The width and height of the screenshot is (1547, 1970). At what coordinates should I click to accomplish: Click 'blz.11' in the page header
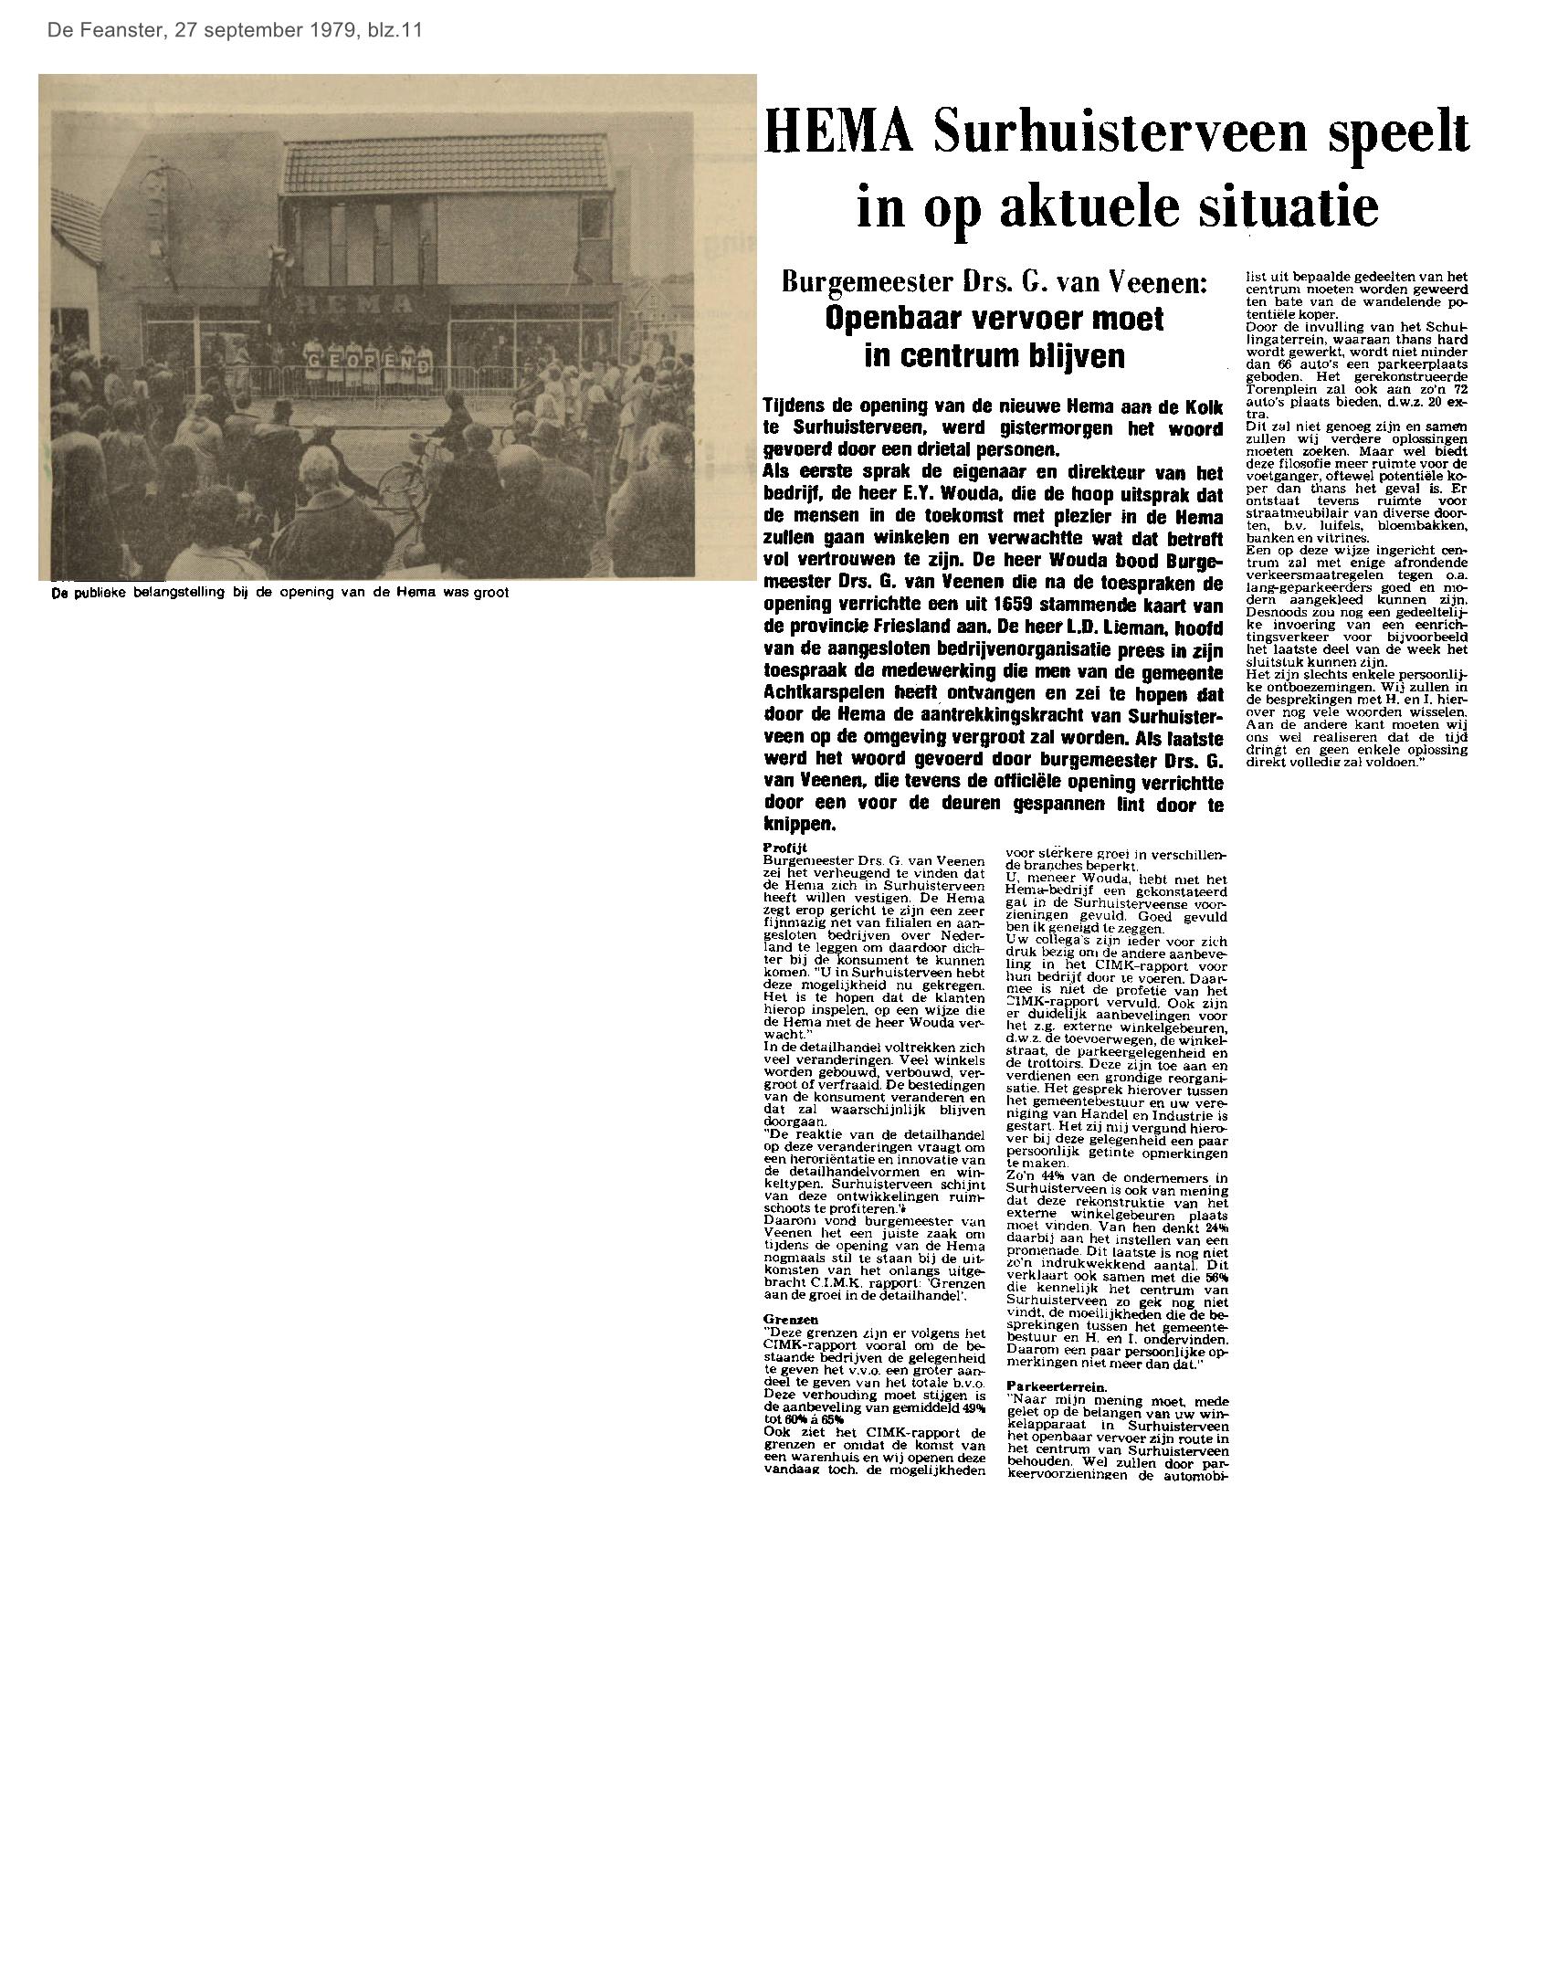[392, 30]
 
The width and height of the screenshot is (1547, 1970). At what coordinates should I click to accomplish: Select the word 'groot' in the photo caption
[489, 592]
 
